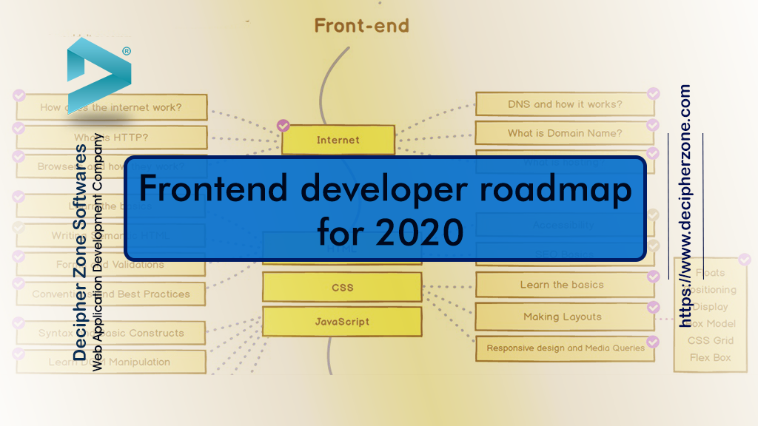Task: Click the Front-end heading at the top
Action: pyautogui.click(x=361, y=26)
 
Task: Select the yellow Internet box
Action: pyautogui.click(x=338, y=140)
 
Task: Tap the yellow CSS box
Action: pyautogui.click(x=342, y=287)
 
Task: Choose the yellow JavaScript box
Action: pyautogui.click(x=342, y=322)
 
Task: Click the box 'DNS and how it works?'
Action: pyautogui.click(x=564, y=104)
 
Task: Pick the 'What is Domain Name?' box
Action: pyautogui.click(x=564, y=133)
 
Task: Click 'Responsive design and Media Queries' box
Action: pyautogui.click(x=565, y=348)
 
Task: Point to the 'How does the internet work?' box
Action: pyautogui.click(x=110, y=107)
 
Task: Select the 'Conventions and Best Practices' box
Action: pyautogui.click(x=110, y=294)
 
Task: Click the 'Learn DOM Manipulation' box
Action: pyautogui.click(x=110, y=362)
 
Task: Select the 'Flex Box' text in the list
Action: pyautogui.click(x=710, y=357)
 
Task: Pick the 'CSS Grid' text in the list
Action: pyautogui.click(x=710, y=340)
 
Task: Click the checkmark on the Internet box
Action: pyautogui.click(x=283, y=126)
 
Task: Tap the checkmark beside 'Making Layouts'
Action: pyautogui.click(x=653, y=307)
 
